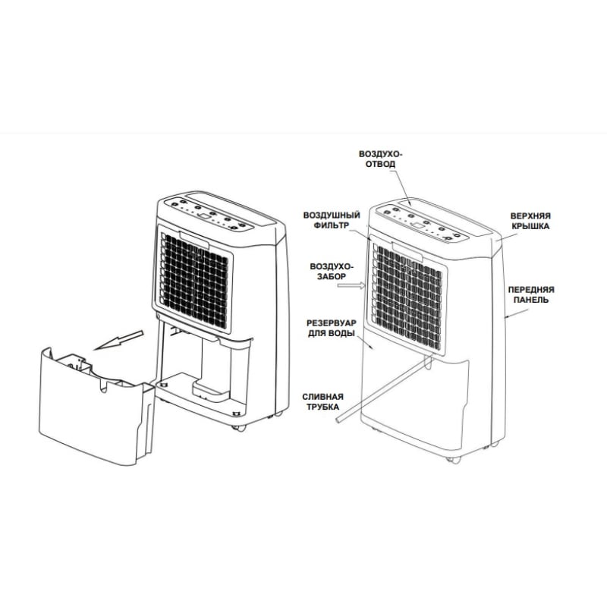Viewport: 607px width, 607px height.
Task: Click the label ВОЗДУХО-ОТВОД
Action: [381, 159]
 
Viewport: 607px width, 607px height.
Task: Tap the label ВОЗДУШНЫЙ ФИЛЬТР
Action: [332, 220]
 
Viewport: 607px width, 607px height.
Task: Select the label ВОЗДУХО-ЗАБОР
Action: [332, 271]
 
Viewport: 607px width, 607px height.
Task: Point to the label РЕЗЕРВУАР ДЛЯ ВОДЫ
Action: [332, 328]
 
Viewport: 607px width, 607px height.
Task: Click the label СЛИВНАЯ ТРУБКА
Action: [323, 401]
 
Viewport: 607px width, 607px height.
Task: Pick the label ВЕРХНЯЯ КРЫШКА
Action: [530, 221]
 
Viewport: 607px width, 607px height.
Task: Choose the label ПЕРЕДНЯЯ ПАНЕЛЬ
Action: [530, 294]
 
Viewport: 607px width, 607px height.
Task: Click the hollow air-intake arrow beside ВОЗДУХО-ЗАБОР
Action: [351, 285]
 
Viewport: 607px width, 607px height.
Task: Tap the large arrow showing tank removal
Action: [119, 340]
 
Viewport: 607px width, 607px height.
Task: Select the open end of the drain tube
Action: [339, 420]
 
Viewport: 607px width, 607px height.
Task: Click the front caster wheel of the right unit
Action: [453, 460]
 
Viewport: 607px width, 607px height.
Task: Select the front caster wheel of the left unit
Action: [238, 428]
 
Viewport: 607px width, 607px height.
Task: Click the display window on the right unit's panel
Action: [418, 225]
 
